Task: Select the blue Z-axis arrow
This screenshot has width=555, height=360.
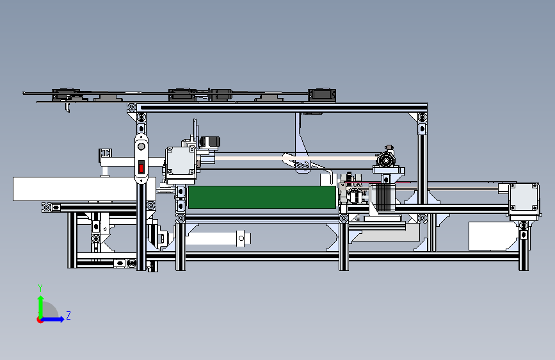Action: click(52, 319)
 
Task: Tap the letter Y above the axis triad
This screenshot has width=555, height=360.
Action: click(40, 288)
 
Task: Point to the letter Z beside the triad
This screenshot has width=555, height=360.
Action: click(68, 315)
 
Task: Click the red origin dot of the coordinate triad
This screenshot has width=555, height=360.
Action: click(39, 320)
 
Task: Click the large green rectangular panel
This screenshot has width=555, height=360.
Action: click(262, 197)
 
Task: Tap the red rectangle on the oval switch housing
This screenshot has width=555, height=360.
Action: click(141, 168)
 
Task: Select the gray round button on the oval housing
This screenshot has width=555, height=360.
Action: click(141, 146)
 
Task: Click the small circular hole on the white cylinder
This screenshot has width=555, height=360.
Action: click(241, 238)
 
